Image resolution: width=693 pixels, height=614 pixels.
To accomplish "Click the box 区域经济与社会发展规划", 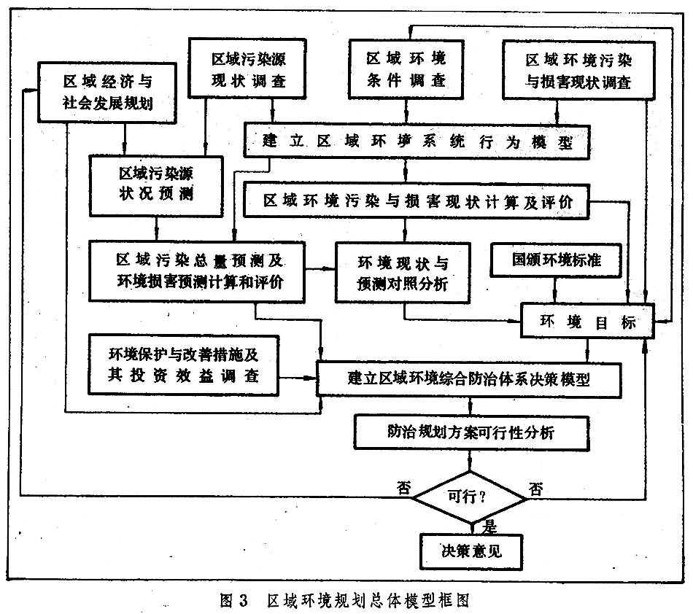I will click(x=107, y=90).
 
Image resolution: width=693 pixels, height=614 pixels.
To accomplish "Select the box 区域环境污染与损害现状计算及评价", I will click(x=415, y=201).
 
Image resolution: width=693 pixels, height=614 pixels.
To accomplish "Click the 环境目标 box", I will click(x=586, y=322).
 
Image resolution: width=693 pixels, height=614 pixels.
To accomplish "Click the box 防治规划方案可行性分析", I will click(x=471, y=432).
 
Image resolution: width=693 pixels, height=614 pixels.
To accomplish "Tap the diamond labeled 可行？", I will click(x=471, y=498).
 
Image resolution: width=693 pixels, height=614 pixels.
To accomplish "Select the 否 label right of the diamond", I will click(x=536, y=488).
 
